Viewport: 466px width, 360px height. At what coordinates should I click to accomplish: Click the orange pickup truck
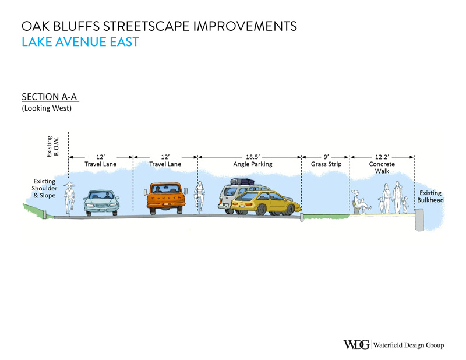pos(166,198)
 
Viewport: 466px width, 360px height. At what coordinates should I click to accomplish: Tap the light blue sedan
pos(101,203)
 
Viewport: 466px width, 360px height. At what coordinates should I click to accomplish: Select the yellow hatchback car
pos(266,203)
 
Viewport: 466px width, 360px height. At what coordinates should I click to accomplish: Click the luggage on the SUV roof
pos(242,181)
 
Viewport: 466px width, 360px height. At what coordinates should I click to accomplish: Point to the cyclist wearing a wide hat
pos(69,199)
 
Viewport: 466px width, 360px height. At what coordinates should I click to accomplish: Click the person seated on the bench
pos(361,202)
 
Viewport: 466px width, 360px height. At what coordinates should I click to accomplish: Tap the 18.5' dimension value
pos(253,157)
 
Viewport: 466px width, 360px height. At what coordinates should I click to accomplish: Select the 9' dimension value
pos(326,157)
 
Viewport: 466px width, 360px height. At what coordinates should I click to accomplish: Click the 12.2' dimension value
pos(382,157)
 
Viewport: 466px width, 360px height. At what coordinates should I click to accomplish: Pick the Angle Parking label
pos(253,164)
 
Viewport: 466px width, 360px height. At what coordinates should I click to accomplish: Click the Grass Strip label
pos(326,164)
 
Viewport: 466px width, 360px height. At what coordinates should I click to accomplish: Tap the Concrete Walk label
pos(382,168)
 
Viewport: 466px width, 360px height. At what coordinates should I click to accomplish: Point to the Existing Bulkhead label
pos(430,196)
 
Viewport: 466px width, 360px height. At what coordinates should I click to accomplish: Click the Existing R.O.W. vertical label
pos(52,146)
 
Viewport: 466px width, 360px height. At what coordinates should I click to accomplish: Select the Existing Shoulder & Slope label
pos(44,189)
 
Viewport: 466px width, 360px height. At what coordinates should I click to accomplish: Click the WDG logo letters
pos(356,344)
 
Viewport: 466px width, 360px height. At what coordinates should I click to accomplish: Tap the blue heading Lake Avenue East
pos(80,42)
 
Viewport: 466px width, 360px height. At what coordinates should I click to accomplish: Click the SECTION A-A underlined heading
pos(50,97)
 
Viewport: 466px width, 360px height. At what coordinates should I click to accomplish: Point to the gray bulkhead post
pos(419,220)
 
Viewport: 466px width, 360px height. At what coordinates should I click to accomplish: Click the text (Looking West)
pos(47,108)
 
